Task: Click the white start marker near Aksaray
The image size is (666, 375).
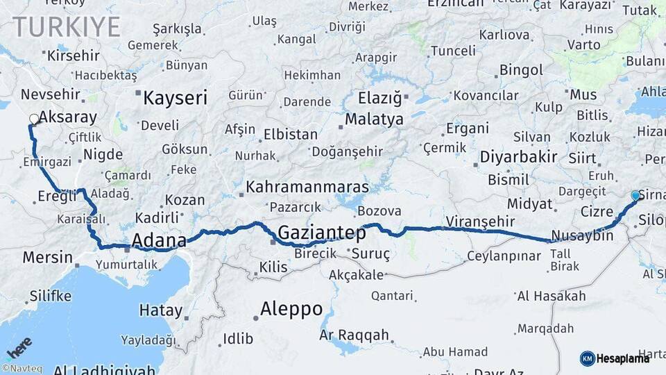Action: [x=33, y=119]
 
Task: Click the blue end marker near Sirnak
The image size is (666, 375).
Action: [x=635, y=196]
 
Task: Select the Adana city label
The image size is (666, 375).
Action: [x=158, y=241]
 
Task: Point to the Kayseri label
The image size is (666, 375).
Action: [x=175, y=99]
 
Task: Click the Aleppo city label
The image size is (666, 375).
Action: [x=291, y=309]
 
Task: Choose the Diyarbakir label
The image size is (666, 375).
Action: [x=518, y=157]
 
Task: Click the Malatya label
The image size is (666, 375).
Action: [x=374, y=119]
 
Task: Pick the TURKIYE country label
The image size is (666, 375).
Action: [x=67, y=27]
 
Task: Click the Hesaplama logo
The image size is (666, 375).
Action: [x=615, y=358]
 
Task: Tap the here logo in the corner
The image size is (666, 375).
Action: [x=19, y=345]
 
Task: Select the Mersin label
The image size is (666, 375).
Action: [x=47, y=258]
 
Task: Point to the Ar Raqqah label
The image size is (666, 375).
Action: [x=354, y=335]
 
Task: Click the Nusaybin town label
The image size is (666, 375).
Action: [x=583, y=235]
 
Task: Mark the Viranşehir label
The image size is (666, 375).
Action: [x=481, y=221]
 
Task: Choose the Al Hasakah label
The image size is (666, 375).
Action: [x=552, y=297]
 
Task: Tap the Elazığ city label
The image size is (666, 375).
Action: [x=380, y=98]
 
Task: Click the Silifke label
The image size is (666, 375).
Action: [x=49, y=297]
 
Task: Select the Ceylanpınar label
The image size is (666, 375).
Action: [x=504, y=256]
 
